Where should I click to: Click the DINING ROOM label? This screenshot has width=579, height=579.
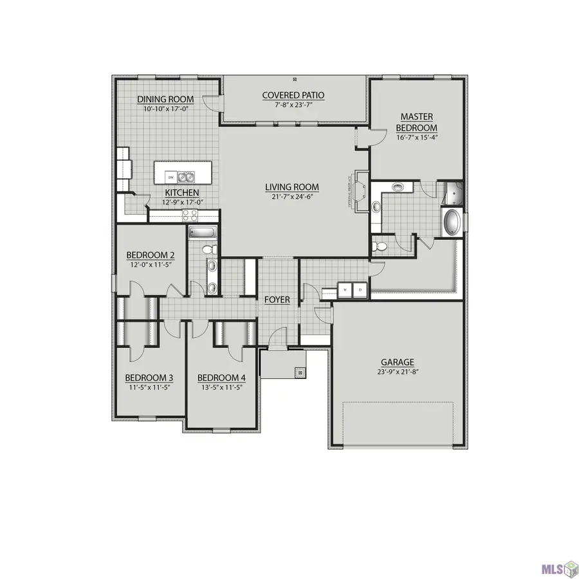pos(162,99)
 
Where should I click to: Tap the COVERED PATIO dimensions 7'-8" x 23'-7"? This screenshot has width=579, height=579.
pos(293,105)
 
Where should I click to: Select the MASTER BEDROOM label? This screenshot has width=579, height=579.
pos(416,122)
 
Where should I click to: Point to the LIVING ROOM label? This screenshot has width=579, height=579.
pos(292,187)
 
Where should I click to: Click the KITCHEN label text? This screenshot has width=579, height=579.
pos(181,193)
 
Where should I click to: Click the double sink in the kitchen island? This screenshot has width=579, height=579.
pos(186,176)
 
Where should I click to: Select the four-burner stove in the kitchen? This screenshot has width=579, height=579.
pos(190,216)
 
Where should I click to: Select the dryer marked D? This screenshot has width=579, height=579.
pos(360,289)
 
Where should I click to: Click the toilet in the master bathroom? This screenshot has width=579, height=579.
pos(381,246)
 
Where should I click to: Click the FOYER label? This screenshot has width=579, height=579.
pos(277,300)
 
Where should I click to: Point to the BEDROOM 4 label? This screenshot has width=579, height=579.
pos(221,378)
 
